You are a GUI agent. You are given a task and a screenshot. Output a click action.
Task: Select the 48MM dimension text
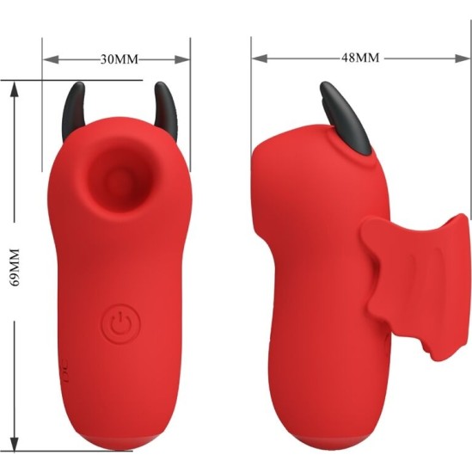359,58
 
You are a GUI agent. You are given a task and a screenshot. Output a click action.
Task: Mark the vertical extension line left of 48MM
252,95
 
